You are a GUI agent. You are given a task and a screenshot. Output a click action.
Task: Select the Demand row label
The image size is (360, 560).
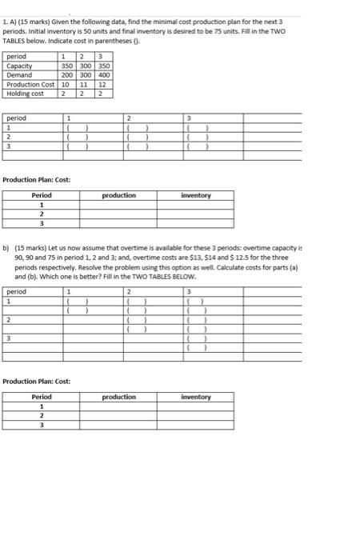pyautogui.click(x=18, y=74)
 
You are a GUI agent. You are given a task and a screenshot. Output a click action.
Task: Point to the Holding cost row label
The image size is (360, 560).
pyautogui.click(x=26, y=94)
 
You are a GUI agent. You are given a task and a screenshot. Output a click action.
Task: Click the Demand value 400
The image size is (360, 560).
pyautogui.click(x=104, y=74)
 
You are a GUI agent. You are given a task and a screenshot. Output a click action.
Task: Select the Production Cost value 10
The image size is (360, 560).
pyautogui.click(x=66, y=84)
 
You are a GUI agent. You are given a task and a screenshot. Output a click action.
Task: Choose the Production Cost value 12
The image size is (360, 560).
pyautogui.click(x=102, y=84)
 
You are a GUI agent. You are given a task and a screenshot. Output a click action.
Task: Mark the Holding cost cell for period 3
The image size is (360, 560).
pyautogui.click(x=102, y=94)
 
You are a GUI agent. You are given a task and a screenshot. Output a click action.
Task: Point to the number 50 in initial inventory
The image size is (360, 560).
pyautogui.click(x=93, y=30)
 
